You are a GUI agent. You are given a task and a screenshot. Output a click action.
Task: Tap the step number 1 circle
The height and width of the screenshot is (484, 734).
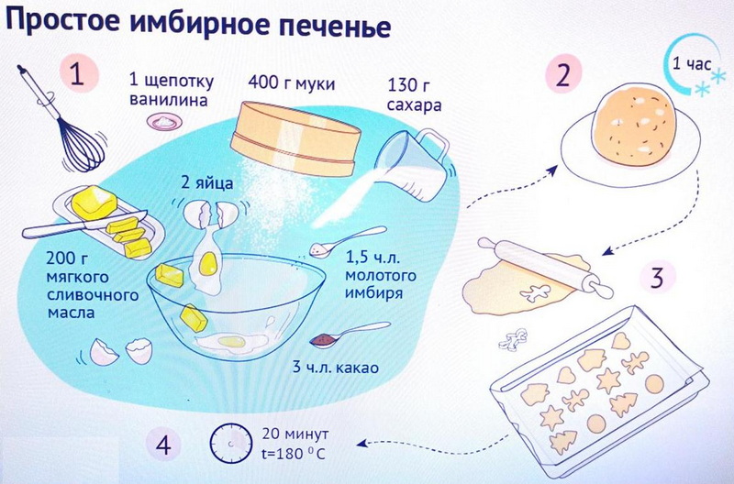tap(79, 74)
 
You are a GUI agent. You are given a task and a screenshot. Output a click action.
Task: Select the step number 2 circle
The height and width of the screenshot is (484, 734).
tap(563, 74)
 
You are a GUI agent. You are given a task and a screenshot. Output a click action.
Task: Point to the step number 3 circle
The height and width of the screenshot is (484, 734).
tap(658, 278)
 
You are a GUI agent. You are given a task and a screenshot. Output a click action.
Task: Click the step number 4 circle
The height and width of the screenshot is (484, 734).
tap(163, 445)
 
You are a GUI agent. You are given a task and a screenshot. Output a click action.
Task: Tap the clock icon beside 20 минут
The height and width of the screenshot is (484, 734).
tap(231, 444)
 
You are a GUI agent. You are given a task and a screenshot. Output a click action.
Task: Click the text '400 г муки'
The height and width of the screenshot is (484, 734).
tap(292, 83)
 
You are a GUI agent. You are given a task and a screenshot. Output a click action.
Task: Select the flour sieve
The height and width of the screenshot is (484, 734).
tap(295, 138)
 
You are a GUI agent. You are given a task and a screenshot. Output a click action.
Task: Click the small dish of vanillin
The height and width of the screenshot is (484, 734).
tap(164, 122)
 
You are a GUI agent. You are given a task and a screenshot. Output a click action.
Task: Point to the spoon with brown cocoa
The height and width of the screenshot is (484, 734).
tap(350, 335)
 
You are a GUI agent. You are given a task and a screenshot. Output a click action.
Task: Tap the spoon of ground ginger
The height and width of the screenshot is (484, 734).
tap(348, 241)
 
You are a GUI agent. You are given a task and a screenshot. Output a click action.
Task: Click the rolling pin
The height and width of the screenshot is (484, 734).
tap(545, 267)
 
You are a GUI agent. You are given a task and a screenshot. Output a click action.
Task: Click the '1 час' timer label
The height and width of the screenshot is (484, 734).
tap(692, 64)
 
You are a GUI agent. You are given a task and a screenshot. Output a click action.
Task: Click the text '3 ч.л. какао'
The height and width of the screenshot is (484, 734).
tap(336, 368)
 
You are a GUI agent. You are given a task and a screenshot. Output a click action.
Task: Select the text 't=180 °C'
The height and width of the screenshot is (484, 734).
tap(293, 455)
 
